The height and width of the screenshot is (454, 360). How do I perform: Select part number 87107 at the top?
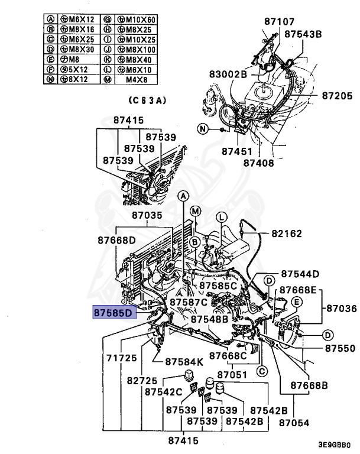click(x=280, y=22)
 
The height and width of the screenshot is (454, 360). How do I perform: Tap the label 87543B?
click(x=303, y=35)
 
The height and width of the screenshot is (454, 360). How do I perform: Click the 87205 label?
click(x=336, y=95)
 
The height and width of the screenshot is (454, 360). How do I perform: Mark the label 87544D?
click(x=300, y=274)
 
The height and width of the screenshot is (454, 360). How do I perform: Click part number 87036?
click(x=343, y=308)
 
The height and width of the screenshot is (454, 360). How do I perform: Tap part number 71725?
click(x=122, y=358)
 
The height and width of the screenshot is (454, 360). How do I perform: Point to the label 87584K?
click(x=184, y=361)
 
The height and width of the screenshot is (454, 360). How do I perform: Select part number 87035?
click(x=147, y=216)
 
